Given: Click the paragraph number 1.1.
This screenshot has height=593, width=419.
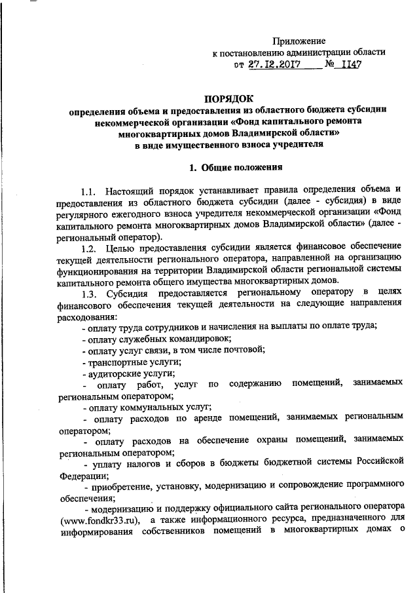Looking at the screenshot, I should [x=90, y=192].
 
